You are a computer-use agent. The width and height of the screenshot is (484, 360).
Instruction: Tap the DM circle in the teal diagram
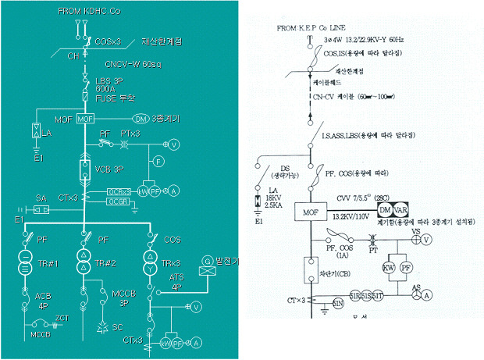click(x=141, y=119)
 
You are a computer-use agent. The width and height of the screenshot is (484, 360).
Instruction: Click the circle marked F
click(x=158, y=161)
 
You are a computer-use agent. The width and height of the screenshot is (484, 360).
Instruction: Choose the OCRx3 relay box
click(x=119, y=191)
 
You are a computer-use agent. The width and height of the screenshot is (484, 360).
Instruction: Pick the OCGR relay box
click(x=119, y=201)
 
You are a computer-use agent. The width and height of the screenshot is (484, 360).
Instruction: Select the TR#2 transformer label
click(x=108, y=263)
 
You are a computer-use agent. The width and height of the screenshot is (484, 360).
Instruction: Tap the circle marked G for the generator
click(x=207, y=261)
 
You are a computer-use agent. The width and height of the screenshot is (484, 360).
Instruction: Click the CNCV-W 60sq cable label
click(x=132, y=65)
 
